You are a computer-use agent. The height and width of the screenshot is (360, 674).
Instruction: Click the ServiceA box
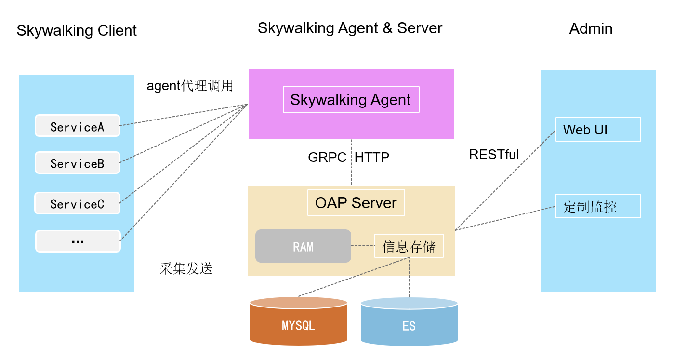[77, 126]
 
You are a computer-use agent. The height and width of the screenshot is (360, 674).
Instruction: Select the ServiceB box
[77, 163]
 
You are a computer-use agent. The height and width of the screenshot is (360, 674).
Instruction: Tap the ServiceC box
[77, 203]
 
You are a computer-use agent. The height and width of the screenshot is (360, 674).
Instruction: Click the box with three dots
[78, 241]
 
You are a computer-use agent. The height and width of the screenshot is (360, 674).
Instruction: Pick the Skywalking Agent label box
[351, 100]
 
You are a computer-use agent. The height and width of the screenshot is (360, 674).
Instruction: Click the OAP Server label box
[356, 203]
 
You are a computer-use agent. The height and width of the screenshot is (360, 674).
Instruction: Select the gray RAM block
[303, 246]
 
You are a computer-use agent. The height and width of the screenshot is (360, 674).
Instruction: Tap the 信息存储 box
[409, 246]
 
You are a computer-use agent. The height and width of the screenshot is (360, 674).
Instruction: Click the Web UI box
[598, 130]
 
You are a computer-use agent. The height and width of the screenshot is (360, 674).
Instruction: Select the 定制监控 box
[598, 206]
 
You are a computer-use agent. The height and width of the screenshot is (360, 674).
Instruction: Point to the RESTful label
[494, 155]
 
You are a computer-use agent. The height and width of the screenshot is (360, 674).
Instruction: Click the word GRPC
[327, 157]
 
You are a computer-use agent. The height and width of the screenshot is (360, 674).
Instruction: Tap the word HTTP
[372, 157]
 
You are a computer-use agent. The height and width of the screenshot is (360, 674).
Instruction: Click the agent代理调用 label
[190, 86]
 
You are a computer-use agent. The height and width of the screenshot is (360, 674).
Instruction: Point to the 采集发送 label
[186, 268]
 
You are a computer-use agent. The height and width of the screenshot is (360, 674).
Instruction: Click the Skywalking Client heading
[77, 30]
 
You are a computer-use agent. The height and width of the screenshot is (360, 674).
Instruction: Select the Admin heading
[591, 28]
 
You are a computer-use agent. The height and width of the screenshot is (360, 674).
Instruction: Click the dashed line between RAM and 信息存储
[363, 246]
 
